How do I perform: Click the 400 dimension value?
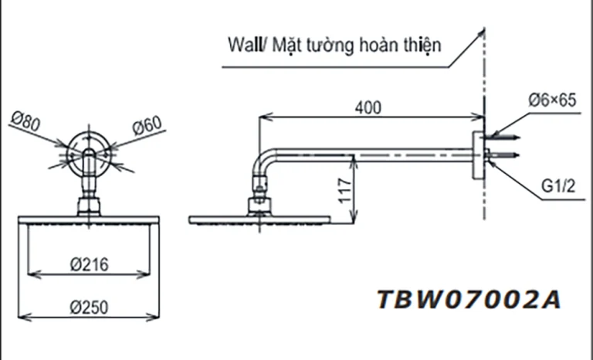[x=369, y=109]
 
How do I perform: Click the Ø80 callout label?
[x=27, y=120]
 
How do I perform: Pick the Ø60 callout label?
[x=146, y=124]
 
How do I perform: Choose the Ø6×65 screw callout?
[x=552, y=100]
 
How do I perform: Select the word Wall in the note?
[x=242, y=44]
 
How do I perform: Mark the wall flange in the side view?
[x=477, y=156]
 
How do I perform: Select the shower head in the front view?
[x=88, y=219]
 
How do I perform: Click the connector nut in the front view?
[x=87, y=206]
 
